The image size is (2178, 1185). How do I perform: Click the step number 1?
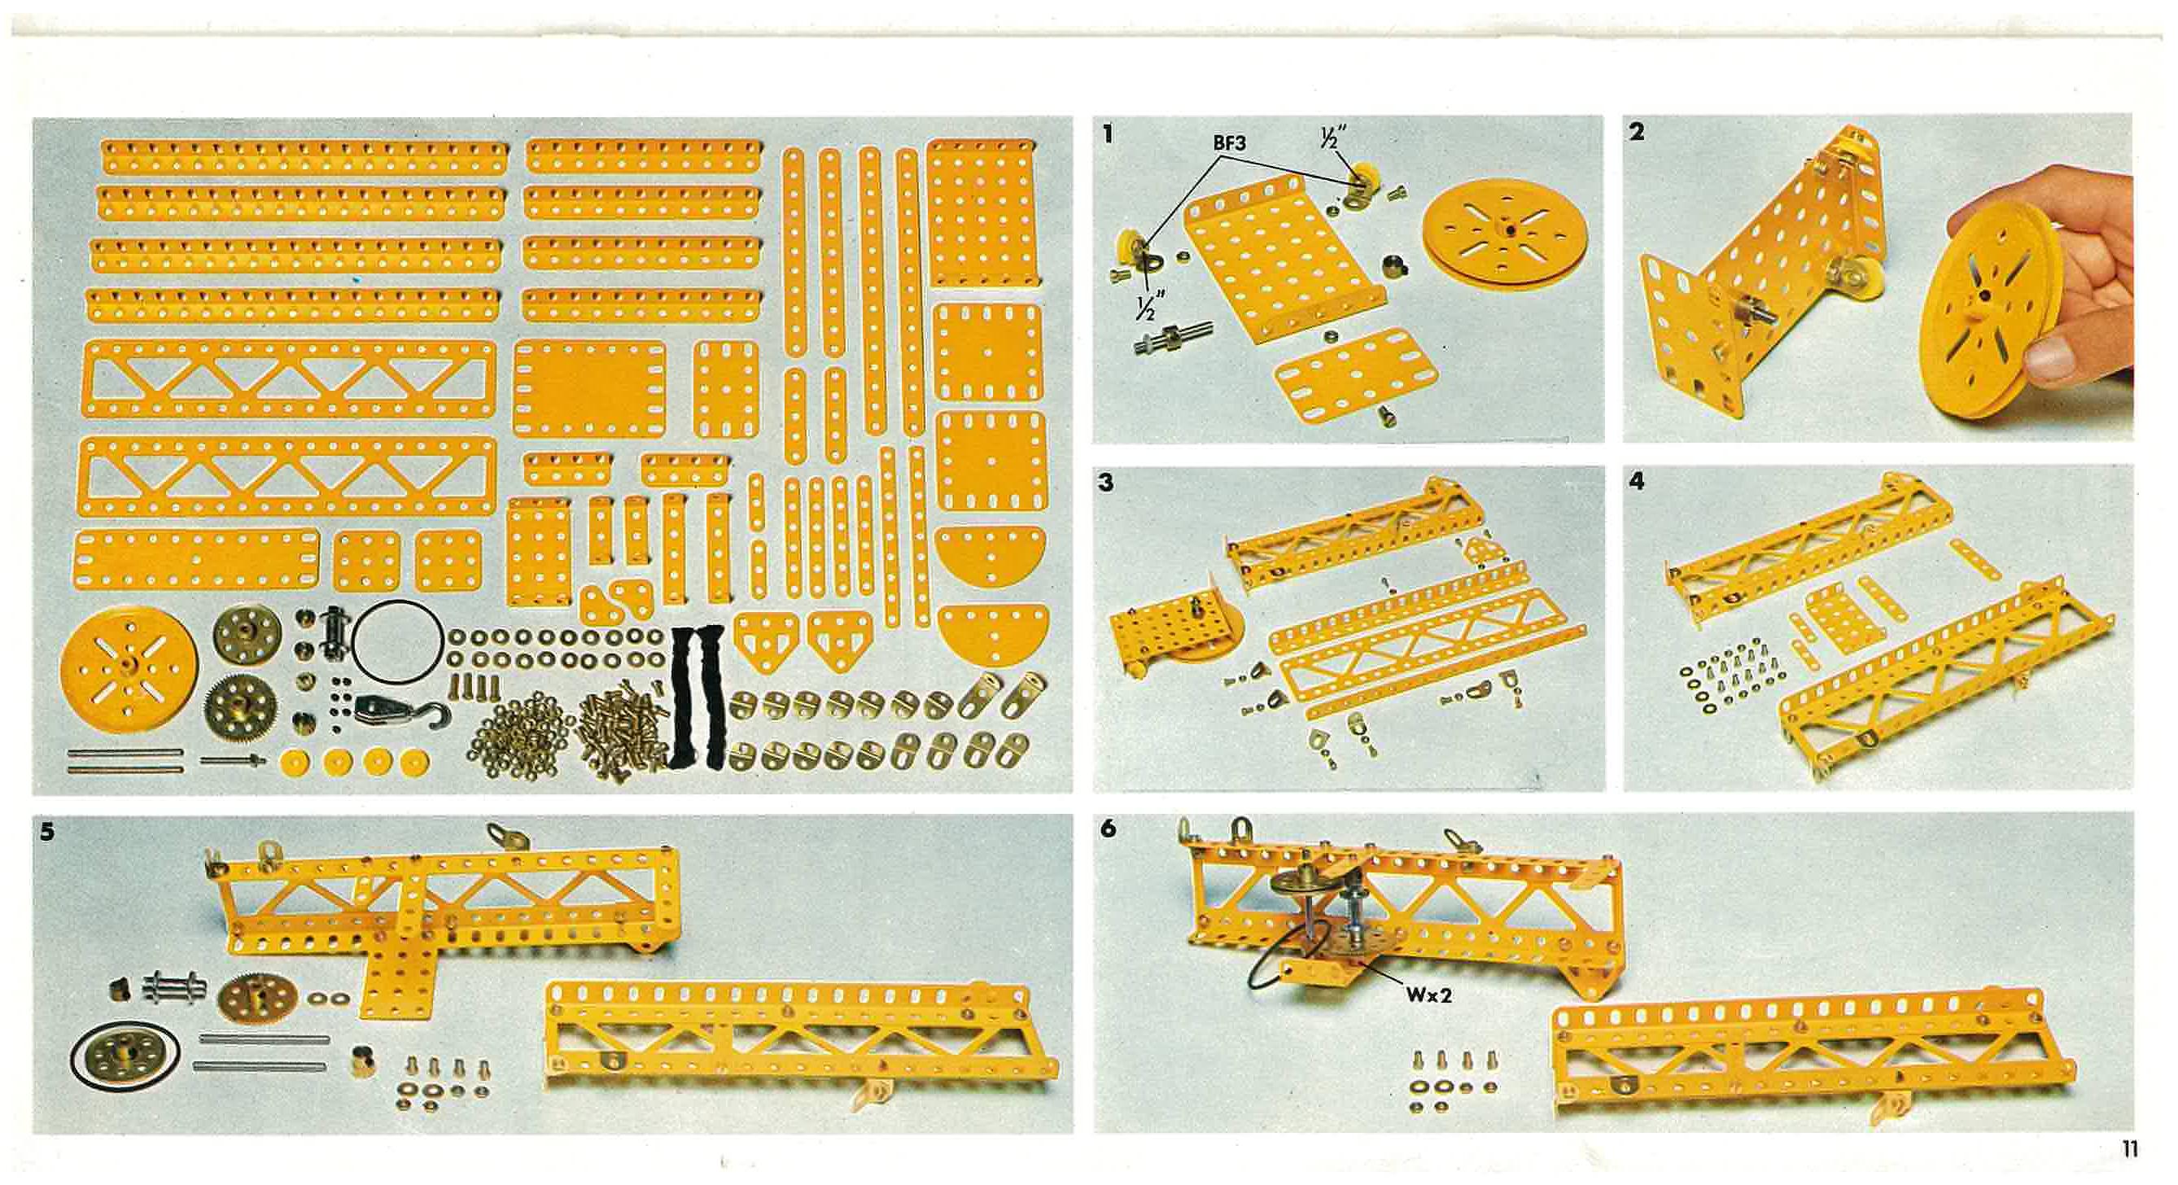pyautogui.click(x=1109, y=133)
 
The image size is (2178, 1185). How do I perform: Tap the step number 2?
pyautogui.click(x=1637, y=132)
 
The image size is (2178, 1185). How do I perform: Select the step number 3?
pyautogui.click(x=1107, y=483)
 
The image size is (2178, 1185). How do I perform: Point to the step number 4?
pyautogui.click(x=1638, y=482)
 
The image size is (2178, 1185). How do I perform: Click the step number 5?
pyautogui.click(x=47, y=832)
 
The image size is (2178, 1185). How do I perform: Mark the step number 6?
pyautogui.click(x=1108, y=829)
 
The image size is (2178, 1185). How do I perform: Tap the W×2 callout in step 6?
pyautogui.click(x=1429, y=995)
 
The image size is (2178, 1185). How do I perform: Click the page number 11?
pyautogui.click(x=2129, y=1149)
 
